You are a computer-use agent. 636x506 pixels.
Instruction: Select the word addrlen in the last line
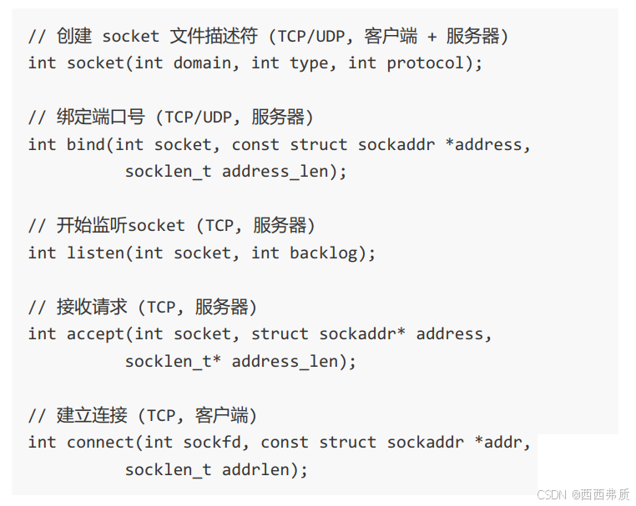(260, 470)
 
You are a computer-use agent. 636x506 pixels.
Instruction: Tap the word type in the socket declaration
(309, 63)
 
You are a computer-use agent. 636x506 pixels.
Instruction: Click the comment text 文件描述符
(209, 37)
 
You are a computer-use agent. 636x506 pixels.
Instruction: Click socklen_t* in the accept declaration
(174, 362)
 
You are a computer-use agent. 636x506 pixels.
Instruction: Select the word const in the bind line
(255, 144)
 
